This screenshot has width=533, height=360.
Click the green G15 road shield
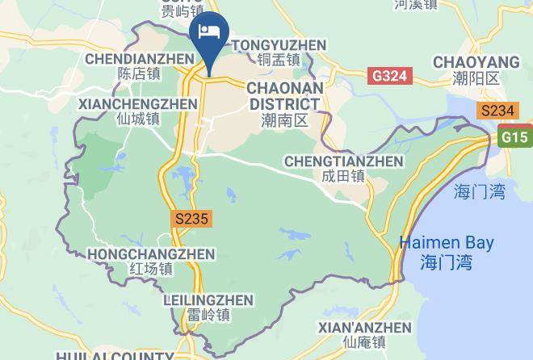[515, 137]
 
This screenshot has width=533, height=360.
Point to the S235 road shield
[191, 218]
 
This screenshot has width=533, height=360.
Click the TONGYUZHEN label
[279, 45]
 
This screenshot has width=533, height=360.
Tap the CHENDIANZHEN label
[139, 59]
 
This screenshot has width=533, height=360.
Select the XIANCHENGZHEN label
[137, 104]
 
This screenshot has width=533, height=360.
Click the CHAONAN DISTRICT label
[284, 95]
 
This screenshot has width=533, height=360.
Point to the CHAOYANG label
[476, 62]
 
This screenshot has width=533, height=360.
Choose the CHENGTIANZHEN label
[343, 161]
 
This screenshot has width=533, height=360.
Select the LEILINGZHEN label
[208, 300]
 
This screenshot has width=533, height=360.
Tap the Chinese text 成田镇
[343, 176]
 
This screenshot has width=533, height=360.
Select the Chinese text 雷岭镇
[208, 315]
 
